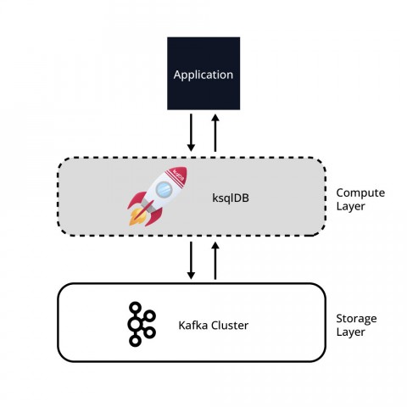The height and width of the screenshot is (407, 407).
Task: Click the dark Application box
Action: [x=203, y=73]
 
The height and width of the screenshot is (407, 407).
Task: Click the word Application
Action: [x=203, y=75]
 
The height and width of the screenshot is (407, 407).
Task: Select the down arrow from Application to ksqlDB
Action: [x=191, y=132]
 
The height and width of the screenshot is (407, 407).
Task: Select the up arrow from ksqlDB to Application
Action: [x=215, y=133]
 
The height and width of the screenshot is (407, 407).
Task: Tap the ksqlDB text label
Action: [x=231, y=198]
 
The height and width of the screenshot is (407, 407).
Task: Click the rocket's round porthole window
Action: [x=164, y=190]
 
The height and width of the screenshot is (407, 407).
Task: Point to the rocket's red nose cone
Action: [x=179, y=176]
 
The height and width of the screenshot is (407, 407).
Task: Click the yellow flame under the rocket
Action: [x=137, y=217]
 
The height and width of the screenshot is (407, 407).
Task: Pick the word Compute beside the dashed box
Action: [x=360, y=192]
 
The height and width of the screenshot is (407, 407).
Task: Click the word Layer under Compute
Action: [x=350, y=206]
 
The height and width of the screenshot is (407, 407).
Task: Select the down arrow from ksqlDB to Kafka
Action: [x=191, y=260]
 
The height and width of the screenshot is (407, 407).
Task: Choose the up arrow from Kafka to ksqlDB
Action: [x=215, y=261]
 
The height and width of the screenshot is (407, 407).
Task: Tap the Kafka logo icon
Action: [x=142, y=324]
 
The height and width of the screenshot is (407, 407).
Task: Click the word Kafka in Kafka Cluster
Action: [x=193, y=326]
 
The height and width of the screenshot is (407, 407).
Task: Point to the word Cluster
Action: [x=230, y=326]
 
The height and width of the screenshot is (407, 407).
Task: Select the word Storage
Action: [x=356, y=319]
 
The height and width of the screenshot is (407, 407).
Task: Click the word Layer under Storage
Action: [x=350, y=332]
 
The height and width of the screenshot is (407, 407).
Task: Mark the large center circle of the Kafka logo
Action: [x=135, y=324]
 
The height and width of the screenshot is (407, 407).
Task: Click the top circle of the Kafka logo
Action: [x=135, y=308]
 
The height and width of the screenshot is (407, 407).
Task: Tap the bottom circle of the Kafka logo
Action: [x=135, y=341]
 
